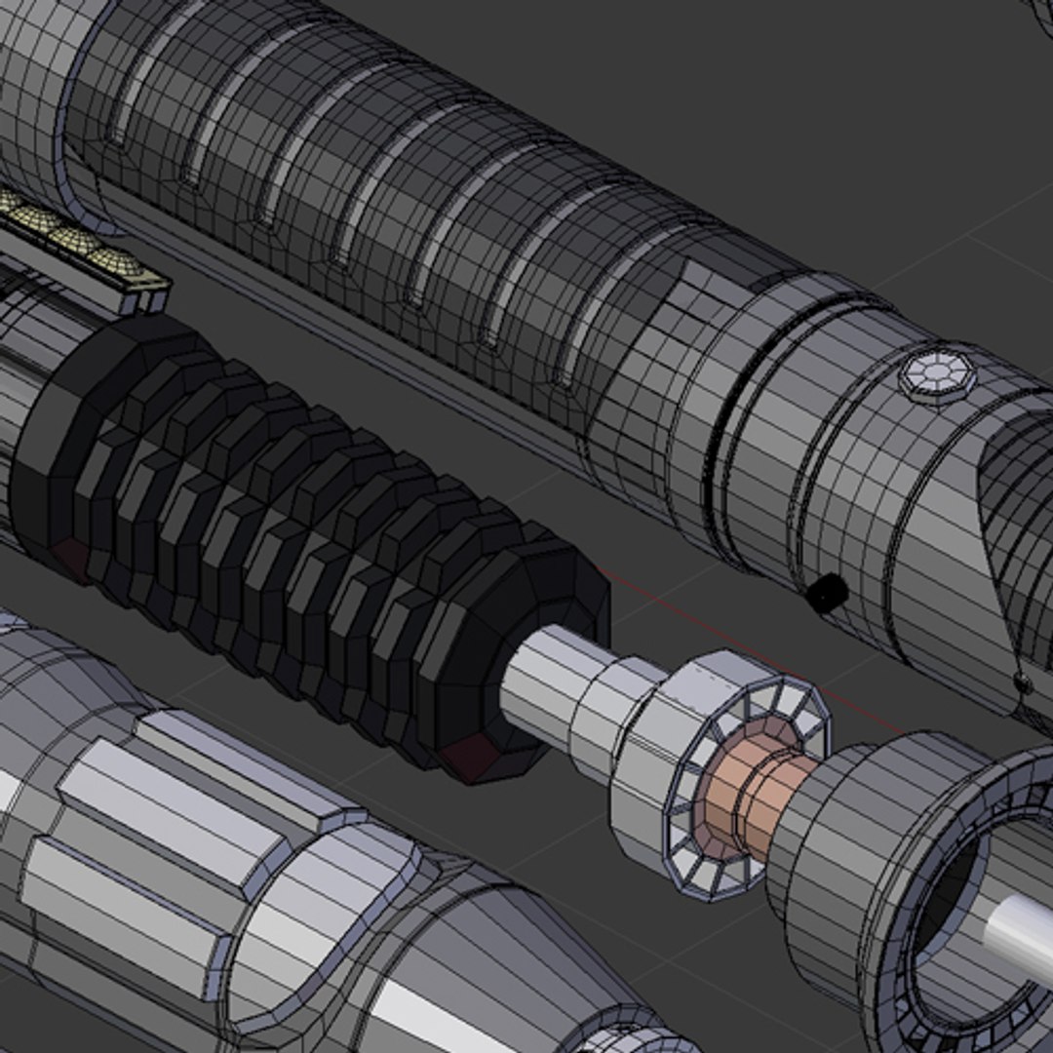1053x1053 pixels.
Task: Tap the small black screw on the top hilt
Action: tap(828, 591)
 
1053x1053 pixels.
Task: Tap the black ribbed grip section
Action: tap(292, 546)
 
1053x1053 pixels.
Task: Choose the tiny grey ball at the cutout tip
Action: tap(1022, 682)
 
